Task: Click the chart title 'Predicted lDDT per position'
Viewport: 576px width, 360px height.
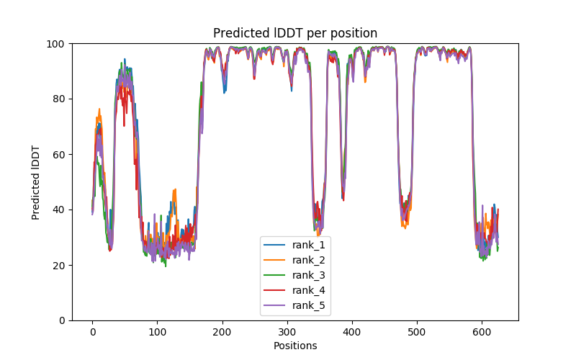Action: [x=295, y=33]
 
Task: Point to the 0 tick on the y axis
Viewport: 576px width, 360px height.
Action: [x=61, y=320]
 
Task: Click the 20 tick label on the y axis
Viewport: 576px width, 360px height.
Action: [x=58, y=265]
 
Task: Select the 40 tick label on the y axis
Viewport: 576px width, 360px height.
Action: [x=58, y=210]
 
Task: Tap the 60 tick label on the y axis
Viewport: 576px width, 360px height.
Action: [x=58, y=154]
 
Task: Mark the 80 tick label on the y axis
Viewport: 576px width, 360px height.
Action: [x=58, y=99]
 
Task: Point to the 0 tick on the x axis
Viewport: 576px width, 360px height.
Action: [x=92, y=332]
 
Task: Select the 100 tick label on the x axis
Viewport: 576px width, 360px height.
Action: [x=157, y=332]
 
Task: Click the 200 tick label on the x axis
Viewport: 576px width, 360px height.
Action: [x=222, y=332]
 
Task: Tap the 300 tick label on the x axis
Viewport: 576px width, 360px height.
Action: [x=287, y=332]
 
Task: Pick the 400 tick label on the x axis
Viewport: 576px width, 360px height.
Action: [x=352, y=332]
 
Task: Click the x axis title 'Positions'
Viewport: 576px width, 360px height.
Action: [x=295, y=346]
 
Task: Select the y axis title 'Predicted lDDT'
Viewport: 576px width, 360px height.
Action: [x=36, y=182]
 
